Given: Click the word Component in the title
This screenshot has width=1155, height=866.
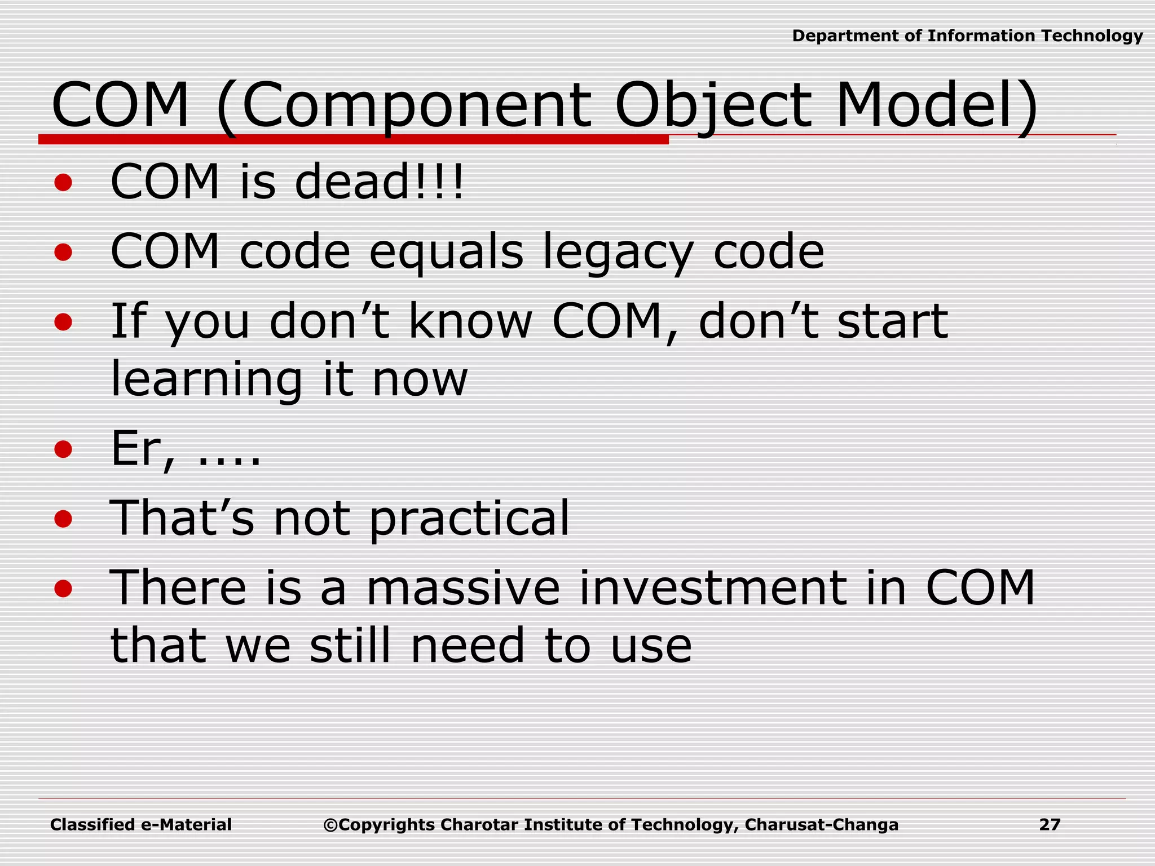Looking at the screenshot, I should [416, 106].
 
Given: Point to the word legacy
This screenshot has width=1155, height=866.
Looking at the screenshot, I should [618, 252].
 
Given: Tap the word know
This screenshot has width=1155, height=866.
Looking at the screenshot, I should [470, 321].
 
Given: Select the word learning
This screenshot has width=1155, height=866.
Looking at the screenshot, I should [206, 379].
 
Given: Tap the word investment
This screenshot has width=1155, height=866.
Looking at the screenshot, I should [714, 588].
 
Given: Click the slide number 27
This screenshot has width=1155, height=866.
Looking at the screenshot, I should [1050, 825].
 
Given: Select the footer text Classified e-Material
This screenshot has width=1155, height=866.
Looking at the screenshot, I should [141, 825].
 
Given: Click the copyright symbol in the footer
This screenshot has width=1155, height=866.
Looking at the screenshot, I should [330, 825].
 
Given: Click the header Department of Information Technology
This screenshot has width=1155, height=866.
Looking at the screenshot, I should [967, 36].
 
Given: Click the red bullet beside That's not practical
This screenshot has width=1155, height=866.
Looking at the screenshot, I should [64, 519].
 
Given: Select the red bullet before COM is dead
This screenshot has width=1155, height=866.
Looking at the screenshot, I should [64, 183].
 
